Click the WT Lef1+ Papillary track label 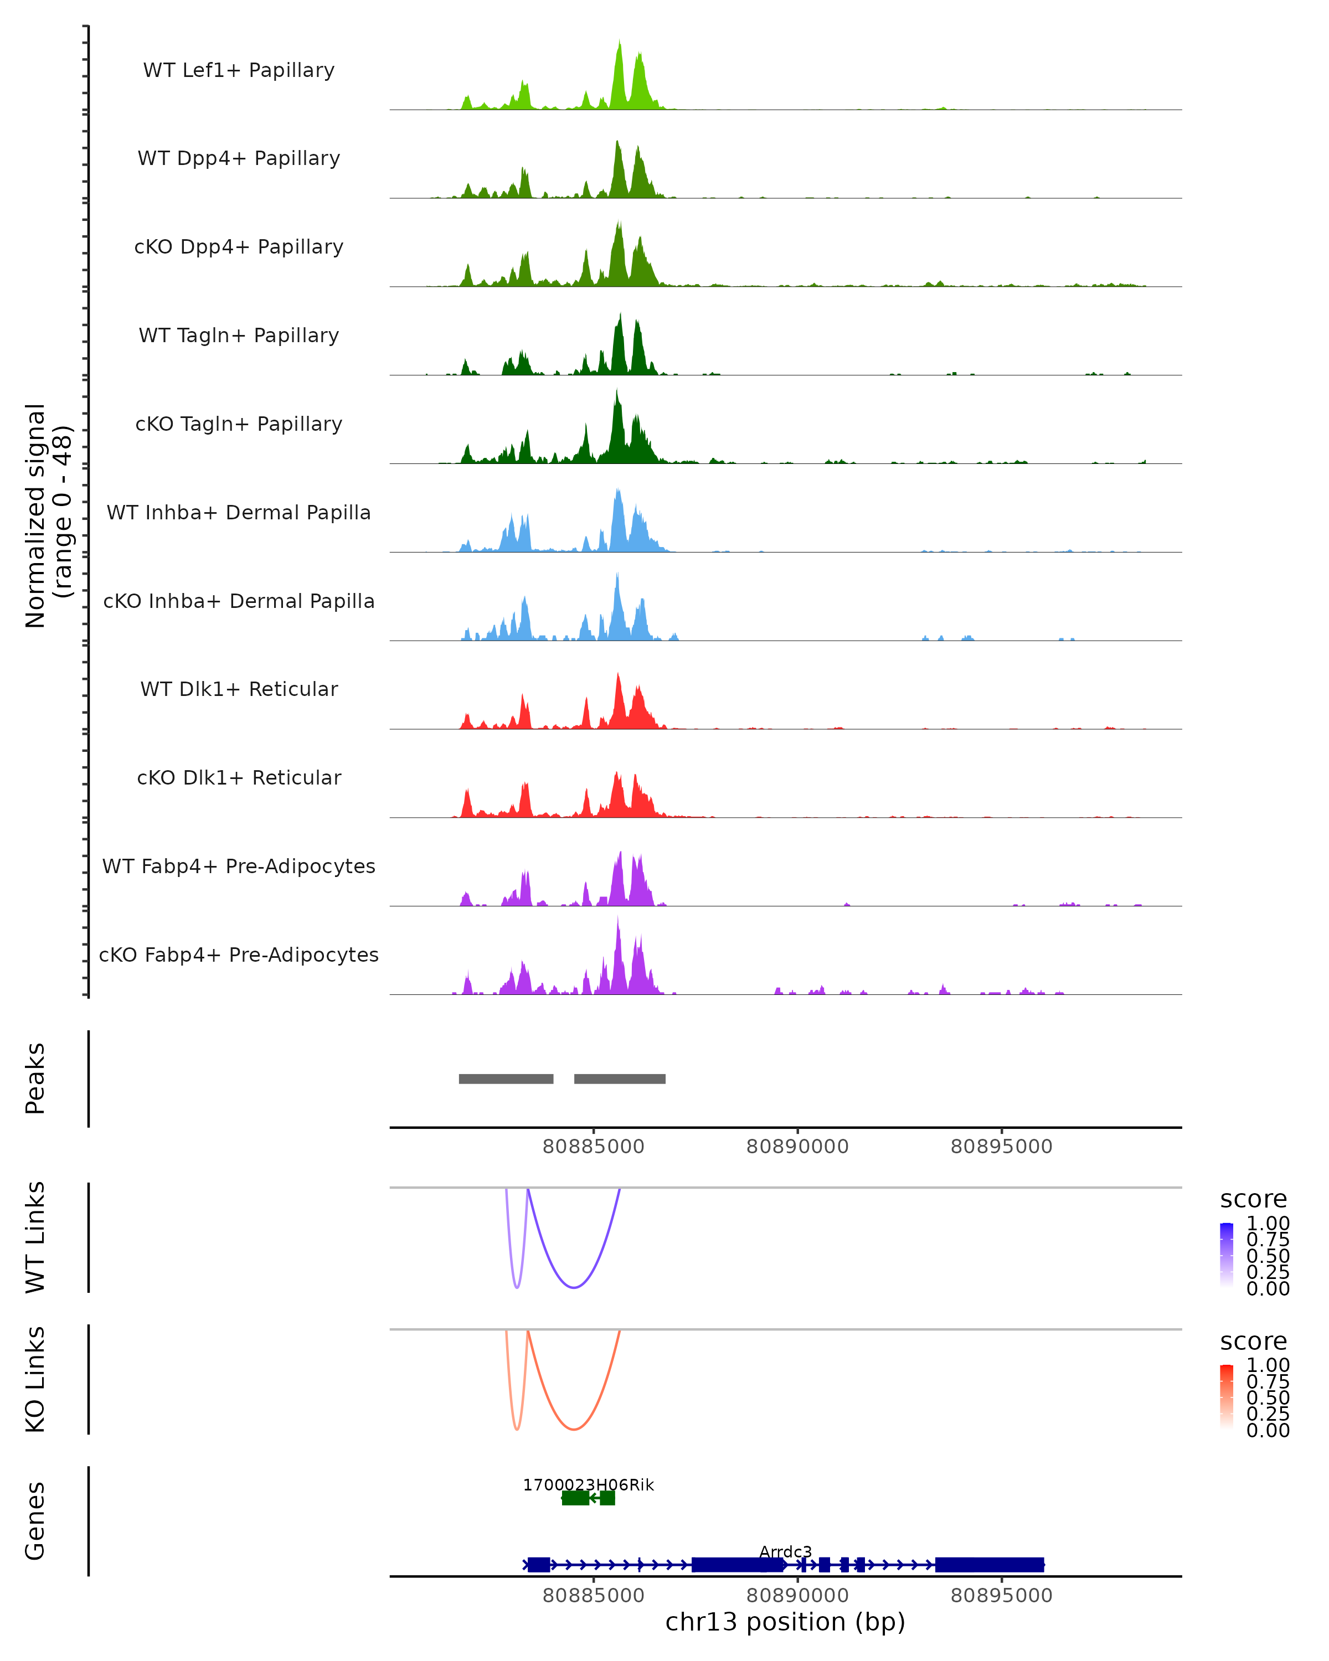point(239,70)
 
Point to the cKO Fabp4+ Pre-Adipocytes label point(239,955)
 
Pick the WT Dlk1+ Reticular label point(239,689)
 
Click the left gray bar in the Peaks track point(506,1079)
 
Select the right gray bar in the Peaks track point(620,1079)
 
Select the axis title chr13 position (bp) point(785,1622)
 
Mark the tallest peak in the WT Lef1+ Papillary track point(620,43)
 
